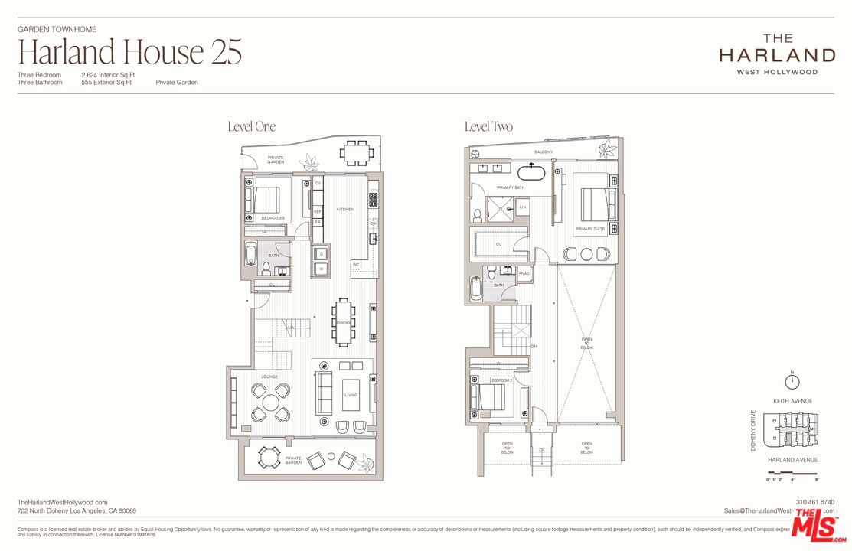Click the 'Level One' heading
(x=251, y=126)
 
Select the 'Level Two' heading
(x=488, y=126)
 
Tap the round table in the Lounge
(x=271, y=402)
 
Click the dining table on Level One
(x=343, y=322)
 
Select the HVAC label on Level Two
(x=524, y=273)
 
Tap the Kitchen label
(x=344, y=209)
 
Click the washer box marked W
(x=321, y=269)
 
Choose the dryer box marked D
(x=321, y=253)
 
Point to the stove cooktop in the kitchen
(x=374, y=200)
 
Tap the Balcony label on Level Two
(x=544, y=152)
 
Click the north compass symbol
(x=792, y=380)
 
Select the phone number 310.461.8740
(x=815, y=502)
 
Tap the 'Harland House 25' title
(x=129, y=52)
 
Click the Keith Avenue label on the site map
(x=792, y=401)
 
